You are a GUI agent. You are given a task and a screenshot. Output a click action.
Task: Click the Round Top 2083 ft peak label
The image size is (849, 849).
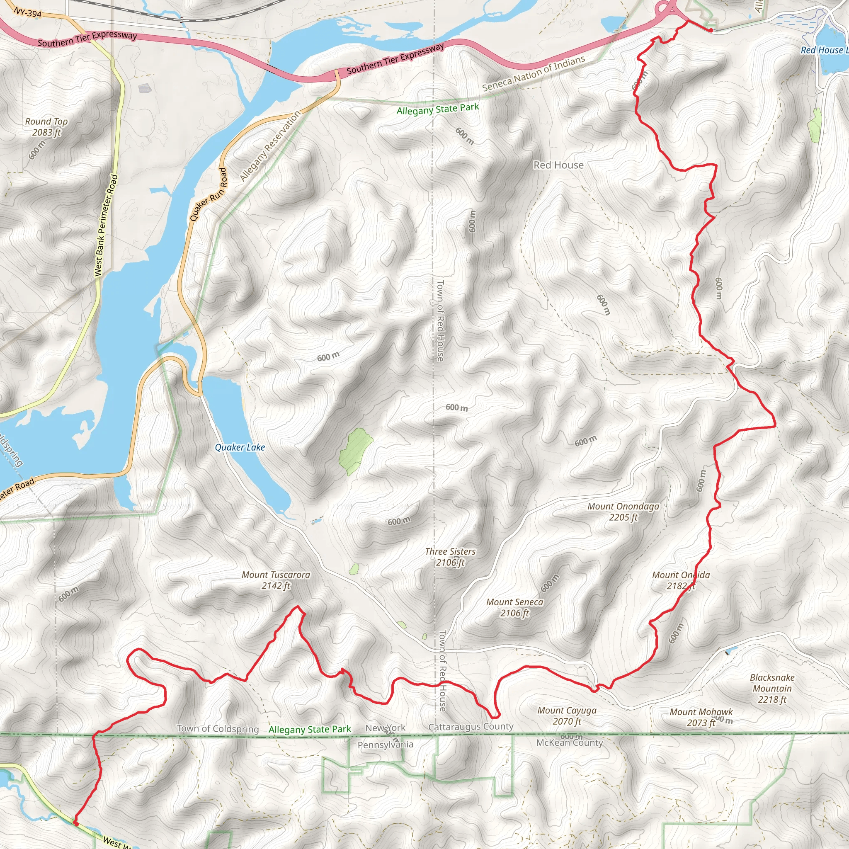(46, 126)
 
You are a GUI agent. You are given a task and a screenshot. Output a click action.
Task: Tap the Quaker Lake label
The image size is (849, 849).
(240, 447)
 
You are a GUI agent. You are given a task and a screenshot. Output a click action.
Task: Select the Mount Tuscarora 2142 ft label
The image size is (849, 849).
(276, 580)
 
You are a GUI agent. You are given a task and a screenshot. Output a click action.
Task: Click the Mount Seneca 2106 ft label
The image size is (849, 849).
(514, 607)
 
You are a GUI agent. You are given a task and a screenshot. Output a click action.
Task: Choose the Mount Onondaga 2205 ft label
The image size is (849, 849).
(623, 512)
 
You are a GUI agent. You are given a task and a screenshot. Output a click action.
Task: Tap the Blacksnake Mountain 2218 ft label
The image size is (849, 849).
(772, 688)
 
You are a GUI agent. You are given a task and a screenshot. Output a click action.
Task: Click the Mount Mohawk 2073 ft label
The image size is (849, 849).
(701, 717)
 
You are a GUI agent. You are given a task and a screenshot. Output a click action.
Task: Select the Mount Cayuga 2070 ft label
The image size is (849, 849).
(567, 716)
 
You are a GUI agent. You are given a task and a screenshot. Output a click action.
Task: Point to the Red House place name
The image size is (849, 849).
(558, 165)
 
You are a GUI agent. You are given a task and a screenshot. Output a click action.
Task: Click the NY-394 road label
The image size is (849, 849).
(28, 13)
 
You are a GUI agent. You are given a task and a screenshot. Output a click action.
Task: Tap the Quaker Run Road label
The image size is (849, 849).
(208, 194)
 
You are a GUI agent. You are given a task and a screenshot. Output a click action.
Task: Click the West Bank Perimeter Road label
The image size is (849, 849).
(106, 226)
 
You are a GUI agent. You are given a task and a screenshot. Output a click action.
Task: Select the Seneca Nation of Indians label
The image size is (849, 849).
(534, 73)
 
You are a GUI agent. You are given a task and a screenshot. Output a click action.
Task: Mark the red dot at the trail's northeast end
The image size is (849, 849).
(711, 30)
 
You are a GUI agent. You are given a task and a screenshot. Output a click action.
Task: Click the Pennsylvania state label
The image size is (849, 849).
(385, 745)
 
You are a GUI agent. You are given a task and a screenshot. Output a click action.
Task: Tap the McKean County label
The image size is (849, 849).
(569, 742)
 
